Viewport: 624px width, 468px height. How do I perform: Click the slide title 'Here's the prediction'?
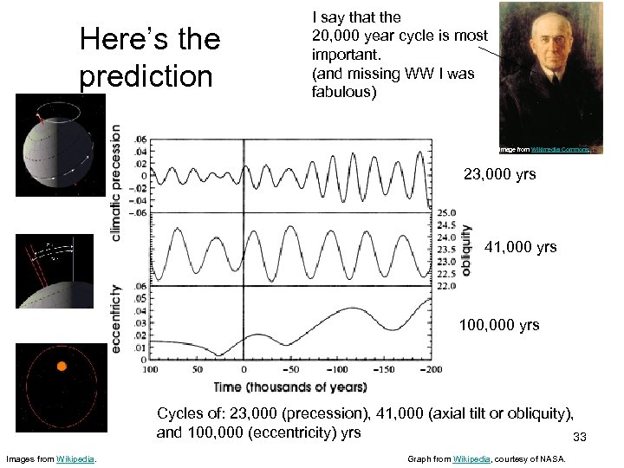click(x=149, y=57)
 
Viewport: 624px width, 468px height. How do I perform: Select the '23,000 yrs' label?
click(x=500, y=174)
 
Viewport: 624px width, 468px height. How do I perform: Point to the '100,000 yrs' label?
click(x=499, y=325)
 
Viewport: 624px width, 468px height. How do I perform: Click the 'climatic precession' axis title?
click(x=114, y=182)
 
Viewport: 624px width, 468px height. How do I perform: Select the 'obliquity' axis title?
click(x=466, y=250)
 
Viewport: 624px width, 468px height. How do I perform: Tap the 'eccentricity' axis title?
click(x=114, y=317)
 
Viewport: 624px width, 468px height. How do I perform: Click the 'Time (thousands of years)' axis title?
click(x=290, y=387)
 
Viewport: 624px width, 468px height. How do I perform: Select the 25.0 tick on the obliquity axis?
click(x=445, y=211)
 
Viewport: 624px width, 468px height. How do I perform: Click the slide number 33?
click(x=580, y=438)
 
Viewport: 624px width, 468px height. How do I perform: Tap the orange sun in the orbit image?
click(x=62, y=367)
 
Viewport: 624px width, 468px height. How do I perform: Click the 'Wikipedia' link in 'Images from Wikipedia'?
click(x=75, y=458)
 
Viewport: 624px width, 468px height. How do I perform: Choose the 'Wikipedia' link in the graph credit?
click(x=473, y=458)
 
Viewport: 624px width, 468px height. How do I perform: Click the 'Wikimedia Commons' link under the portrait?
click(x=561, y=150)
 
